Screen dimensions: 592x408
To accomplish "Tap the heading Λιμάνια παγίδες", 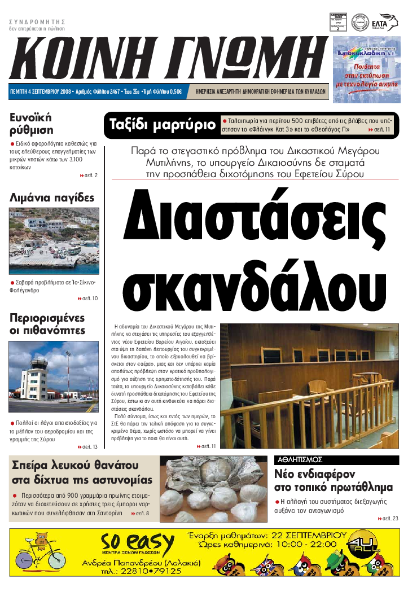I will click(52, 198).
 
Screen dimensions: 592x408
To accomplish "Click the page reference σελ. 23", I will click(388, 518).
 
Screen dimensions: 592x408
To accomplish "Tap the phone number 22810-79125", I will click(148, 571).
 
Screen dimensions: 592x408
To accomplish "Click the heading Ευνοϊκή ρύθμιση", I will click(31, 124).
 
